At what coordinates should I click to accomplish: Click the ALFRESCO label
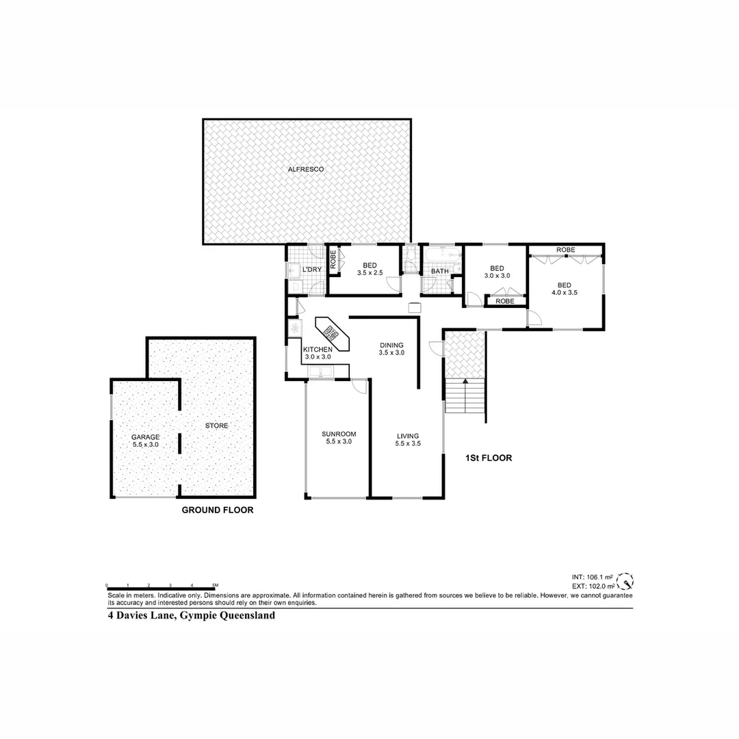coord(305,169)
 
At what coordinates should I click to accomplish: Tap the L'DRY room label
coord(312,270)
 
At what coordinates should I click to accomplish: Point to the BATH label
coord(439,271)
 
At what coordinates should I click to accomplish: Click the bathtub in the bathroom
coord(441,257)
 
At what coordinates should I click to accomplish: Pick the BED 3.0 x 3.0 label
coord(497,272)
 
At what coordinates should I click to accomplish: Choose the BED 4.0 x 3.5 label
coord(564,289)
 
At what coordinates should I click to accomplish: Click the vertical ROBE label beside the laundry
coord(333,260)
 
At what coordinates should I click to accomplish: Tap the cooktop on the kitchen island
coord(331,334)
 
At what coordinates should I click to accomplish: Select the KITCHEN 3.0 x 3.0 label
coord(317,352)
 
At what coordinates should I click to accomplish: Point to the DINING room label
coord(392,349)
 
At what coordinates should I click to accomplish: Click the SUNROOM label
coord(339,438)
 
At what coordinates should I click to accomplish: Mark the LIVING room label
coord(408,439)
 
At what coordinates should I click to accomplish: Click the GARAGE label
coord(146,440)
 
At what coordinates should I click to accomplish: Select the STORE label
coord(216,426)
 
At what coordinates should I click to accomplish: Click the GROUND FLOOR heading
coord(217,510)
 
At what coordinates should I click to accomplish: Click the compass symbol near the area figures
coord(625,582)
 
